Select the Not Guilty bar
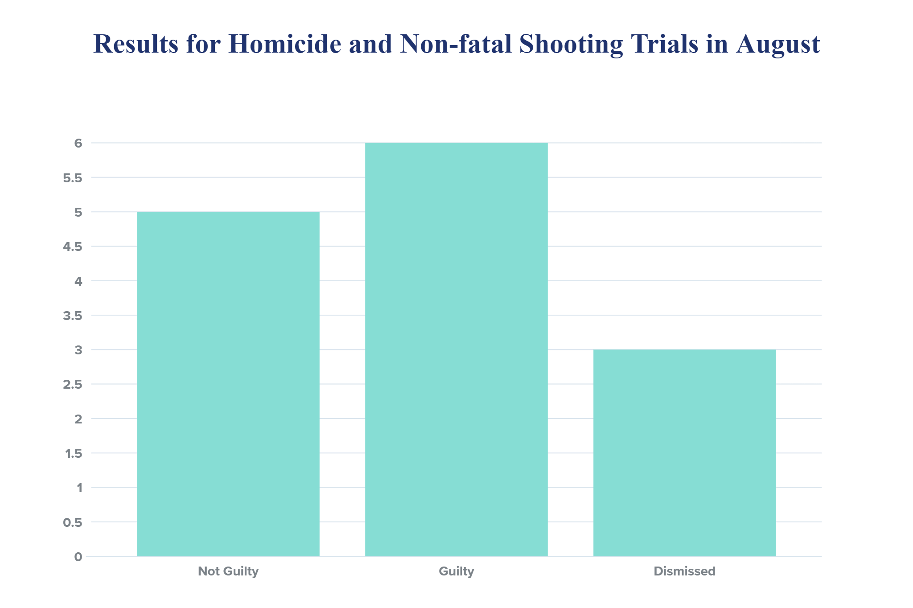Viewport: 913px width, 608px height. point(228,384)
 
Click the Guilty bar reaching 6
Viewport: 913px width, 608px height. point(456,349)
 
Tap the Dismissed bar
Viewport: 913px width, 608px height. point(684,453)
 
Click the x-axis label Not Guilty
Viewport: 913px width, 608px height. point(228,571)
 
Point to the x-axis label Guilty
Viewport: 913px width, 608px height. point(456,571)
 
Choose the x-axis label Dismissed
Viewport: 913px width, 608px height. point(684,571)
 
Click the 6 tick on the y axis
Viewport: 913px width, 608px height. point(78,143)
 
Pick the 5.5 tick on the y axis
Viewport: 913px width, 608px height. point(73,178)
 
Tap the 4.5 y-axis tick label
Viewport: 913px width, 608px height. point(73,246)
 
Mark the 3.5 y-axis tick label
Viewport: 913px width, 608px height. point(73,316)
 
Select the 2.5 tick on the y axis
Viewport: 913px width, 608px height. point(73,384)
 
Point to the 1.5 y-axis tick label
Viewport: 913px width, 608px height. point(74,453)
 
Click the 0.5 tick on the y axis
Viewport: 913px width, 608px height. point(73,522)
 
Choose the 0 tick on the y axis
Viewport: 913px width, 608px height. point(78,557)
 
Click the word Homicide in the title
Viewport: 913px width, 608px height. point(285,44)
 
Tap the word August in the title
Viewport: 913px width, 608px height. point(778,45)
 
